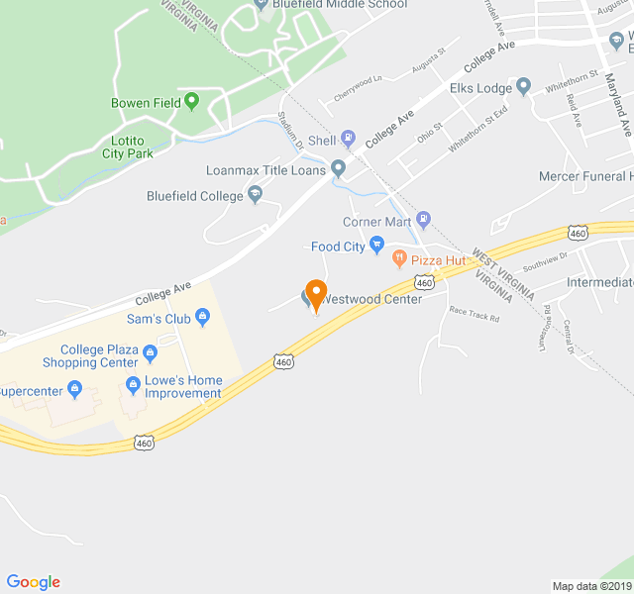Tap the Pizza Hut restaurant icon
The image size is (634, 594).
tap(399, 259)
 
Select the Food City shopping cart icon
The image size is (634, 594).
tap(376, 245)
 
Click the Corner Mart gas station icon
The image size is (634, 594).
tap(424, 219)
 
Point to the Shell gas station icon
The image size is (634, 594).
tap(348, 140)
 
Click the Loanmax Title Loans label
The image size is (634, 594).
tap(265, 170)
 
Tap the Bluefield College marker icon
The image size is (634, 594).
tap(256, 195)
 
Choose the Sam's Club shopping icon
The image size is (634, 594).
tap(203, 318)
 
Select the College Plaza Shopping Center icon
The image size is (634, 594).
tap(150, 352)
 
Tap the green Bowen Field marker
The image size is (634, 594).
tap(191, 100)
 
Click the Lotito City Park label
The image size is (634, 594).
tap(127, 147)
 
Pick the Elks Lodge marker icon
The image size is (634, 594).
tap(524, 86)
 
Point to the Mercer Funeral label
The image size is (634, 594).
tap(584, 176)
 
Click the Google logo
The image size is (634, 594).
tap(34, 582)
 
